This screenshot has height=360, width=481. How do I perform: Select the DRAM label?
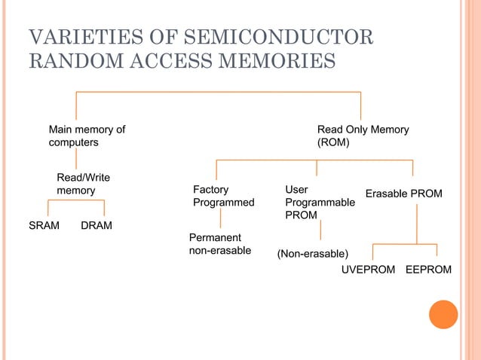click(x=96, y=226)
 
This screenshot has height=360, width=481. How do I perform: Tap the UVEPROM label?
click(x=368, y=270)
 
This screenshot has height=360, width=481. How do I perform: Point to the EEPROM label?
click(x=429, y=270)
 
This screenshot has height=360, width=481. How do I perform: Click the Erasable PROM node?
click(x=403, y=194)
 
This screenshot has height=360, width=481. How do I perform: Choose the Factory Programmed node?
click(x=223, y=196)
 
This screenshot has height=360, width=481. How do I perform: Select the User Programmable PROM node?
click(x=320, y=203)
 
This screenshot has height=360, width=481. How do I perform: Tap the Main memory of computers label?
click(x=87, y=136)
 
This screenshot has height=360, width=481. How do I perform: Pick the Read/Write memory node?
click(x=83, y=184)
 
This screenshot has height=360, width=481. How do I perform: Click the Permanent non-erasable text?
click(x=219, y=244)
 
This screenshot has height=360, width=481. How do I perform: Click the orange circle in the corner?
click(x=443, y=314)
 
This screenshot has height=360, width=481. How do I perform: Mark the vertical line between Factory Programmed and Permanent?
click(x=220, y=219)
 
